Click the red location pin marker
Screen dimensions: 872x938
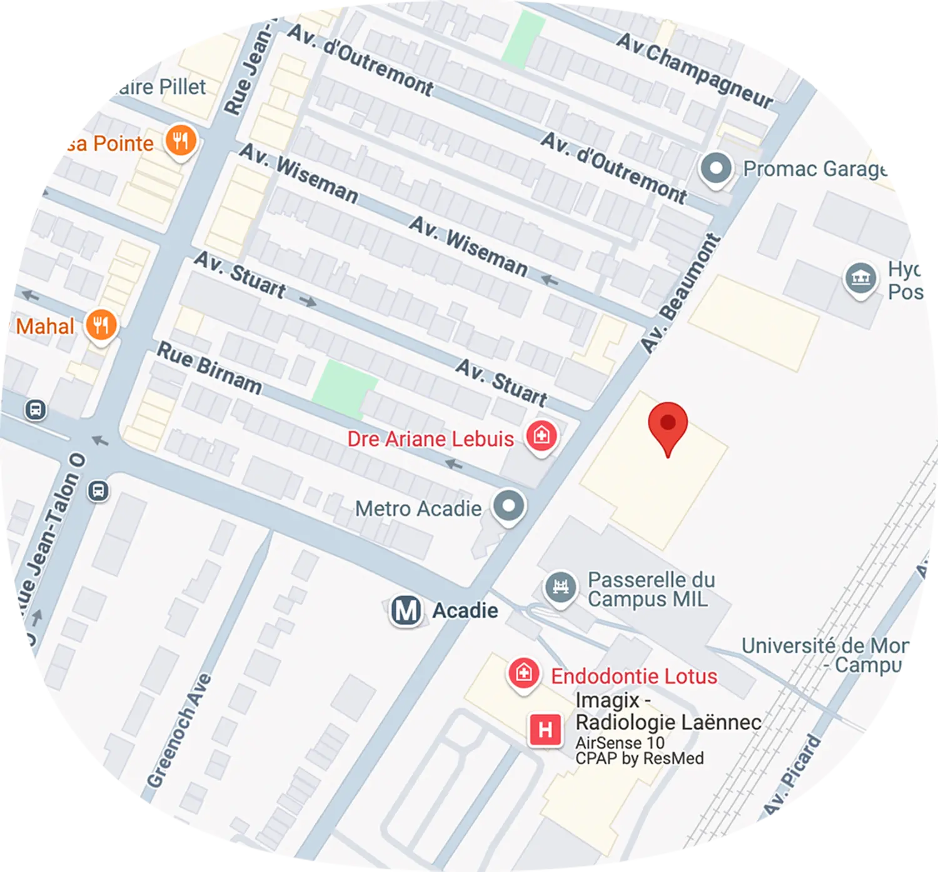[x=668, y=425]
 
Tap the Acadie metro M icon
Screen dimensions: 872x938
[x=405, y=610]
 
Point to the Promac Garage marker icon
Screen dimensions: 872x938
[x=716, y=168]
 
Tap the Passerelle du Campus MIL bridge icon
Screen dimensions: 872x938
[x=560, y=586]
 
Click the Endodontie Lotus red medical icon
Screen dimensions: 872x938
[x=523, y=673]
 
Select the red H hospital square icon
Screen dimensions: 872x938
[x=545, y=729]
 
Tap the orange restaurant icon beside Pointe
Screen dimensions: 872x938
[x=181, y=141]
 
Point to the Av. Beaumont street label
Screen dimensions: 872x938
[x=681, y=293]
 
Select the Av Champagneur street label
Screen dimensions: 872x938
[x=695, y=69]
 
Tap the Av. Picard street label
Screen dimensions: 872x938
[x=792, y=776]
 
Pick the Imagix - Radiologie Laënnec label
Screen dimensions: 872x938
[x=668, y=711]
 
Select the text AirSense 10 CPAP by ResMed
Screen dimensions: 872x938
[x=639, y=750]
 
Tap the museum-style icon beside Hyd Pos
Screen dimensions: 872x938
[x=860, y=278]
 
